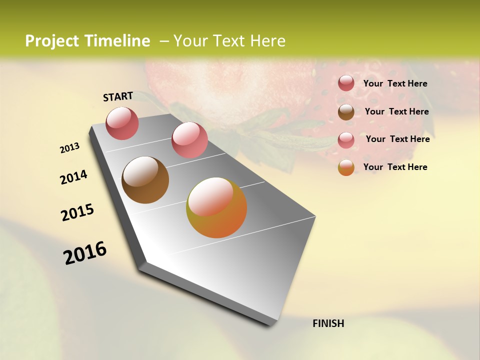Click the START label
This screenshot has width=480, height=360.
118,96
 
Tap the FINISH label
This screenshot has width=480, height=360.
328,323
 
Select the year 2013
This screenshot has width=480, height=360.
70,148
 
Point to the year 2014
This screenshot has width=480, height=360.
73,177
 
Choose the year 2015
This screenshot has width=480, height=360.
77,212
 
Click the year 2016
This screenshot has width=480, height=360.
85,252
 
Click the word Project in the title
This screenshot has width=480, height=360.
51,41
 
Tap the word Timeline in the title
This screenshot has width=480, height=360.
117,41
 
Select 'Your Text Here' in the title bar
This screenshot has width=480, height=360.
229,41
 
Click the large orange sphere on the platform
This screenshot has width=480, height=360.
216,207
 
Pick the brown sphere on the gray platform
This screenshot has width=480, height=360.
145,180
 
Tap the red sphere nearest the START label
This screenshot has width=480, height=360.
122,123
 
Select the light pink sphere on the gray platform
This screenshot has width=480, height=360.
189,140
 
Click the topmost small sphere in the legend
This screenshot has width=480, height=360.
346,83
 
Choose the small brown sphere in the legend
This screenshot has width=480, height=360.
346,112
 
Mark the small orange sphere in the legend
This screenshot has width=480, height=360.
346,167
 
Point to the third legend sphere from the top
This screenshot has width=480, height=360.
346,140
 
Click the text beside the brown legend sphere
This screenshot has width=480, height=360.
396,111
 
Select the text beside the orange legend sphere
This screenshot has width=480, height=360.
395,167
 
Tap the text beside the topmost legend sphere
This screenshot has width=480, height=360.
395,83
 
